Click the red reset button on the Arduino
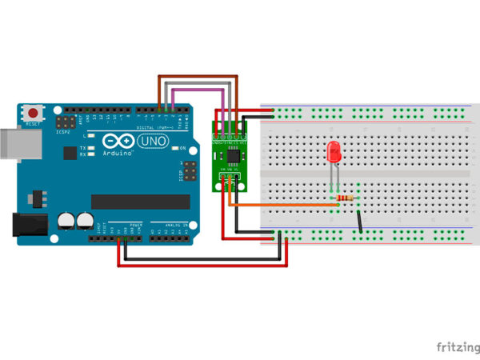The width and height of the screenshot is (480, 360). (33, 112)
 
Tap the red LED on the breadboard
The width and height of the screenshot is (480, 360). (334, 152)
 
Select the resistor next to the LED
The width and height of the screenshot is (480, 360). (346, 197)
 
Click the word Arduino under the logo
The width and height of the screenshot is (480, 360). (118, 154)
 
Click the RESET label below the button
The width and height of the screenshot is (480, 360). (33, 125)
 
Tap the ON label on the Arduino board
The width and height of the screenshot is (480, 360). (183, 148)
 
